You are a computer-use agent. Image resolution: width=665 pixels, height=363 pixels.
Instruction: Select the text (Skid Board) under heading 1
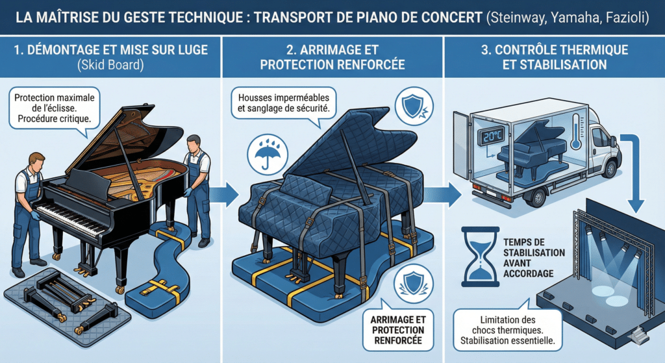(x=110, y=66)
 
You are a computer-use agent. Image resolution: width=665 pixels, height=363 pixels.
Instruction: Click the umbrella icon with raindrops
(x=267, y=153)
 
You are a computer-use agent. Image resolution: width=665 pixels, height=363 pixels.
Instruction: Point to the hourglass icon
(x=481, y=257)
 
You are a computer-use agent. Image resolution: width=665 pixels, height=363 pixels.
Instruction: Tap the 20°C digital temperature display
(x=492, y=136)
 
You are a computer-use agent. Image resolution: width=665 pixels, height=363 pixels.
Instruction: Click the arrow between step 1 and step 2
(x=224, y=195)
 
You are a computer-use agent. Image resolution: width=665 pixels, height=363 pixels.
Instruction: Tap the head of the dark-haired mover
(x=194, y=144)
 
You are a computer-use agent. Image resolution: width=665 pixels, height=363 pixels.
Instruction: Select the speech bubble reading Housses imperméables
(x=284, y=104)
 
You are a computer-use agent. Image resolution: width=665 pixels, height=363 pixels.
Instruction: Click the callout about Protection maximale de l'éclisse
(x=55, y=109)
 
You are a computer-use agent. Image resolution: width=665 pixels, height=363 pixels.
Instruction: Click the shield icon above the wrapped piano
(x=414, y=106)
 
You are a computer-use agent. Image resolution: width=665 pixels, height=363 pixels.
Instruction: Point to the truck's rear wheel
(x=537, y=197)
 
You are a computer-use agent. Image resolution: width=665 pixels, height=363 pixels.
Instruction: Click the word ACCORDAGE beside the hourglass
(x=528, y=273)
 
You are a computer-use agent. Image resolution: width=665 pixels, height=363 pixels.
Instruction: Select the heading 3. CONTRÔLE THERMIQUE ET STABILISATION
(x=555, y=57)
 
